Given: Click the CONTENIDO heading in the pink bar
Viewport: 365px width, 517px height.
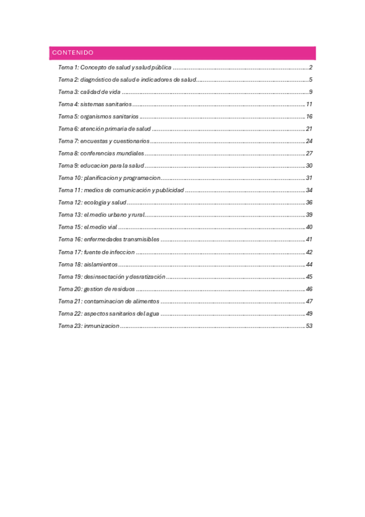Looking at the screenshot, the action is coord(73,53).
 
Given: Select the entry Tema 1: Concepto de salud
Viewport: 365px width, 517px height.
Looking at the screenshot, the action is coord(115,67).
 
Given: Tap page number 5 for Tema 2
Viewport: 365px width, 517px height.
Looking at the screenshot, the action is coord(310,79).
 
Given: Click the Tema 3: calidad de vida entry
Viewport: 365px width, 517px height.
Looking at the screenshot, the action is coord(89,92).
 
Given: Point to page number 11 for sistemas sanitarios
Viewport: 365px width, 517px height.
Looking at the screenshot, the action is coord(309,104).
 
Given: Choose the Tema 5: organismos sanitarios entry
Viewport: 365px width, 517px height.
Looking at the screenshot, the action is coord(98,116).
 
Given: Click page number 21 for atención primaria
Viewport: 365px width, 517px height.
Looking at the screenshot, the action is coord(309,129).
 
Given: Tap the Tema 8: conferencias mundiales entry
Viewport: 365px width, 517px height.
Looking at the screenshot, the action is coord(101,153).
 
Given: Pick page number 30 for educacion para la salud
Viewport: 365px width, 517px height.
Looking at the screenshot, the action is coord(309,166).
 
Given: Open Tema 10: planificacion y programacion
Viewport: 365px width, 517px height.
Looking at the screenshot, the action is coord(109,178).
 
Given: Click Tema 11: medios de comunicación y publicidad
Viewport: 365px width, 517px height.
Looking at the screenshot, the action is coord(121,190).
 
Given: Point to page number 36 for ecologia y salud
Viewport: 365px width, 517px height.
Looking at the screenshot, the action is coord(309,202).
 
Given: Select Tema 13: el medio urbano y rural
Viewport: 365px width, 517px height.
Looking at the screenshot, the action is coord(101,215).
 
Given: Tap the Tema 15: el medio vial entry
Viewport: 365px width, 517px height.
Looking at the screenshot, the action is coord(87,227).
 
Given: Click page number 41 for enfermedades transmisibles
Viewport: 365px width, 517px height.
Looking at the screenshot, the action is coord(309,240).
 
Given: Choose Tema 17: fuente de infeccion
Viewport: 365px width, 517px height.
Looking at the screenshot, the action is coord(96,252).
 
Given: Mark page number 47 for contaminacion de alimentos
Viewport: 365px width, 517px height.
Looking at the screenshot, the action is coord(309,301).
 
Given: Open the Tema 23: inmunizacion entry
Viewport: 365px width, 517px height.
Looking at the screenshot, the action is coord(89,326).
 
